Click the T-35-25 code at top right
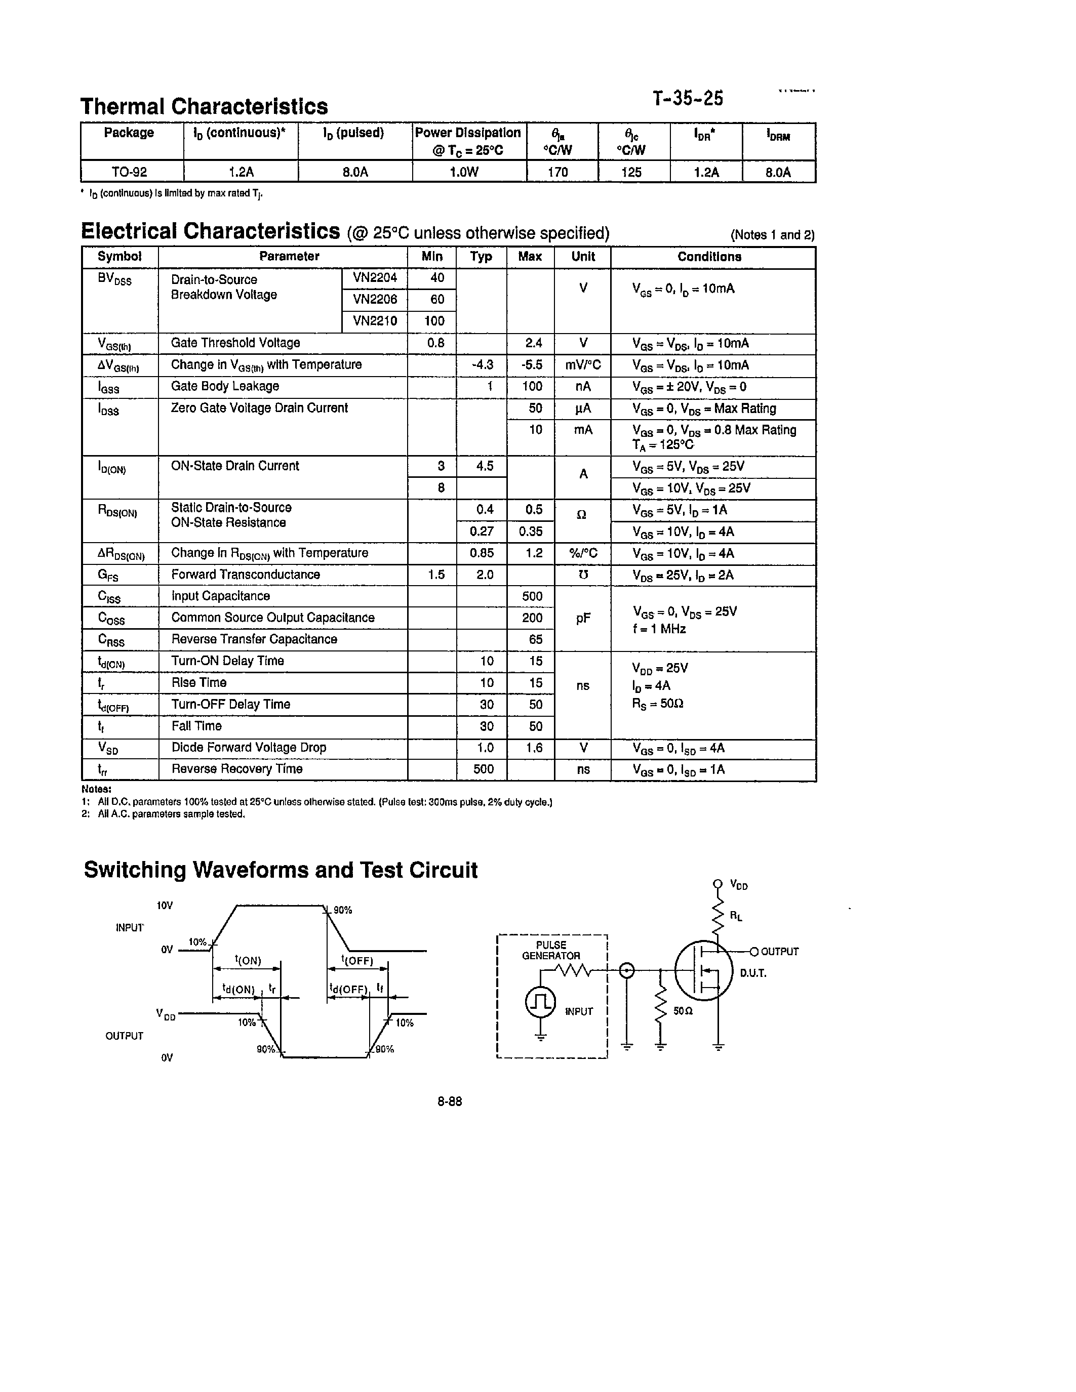pos(688,99)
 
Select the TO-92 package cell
pos(130,172)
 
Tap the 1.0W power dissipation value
pos(464,172)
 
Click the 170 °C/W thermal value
pos(558,172)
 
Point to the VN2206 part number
pos(375,299)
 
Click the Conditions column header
pos(709,257)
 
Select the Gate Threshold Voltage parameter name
pos(235,343)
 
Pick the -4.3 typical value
pos(482,364)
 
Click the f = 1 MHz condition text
pos(659,629)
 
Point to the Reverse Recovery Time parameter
pos(236,769)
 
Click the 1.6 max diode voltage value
pos(534,748)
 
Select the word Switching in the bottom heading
pos(135,870)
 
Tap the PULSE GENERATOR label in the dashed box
pos(551,950)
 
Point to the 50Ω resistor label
pos(683,1011)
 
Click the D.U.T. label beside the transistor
pos(753,973)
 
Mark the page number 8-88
pos(450,1101)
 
